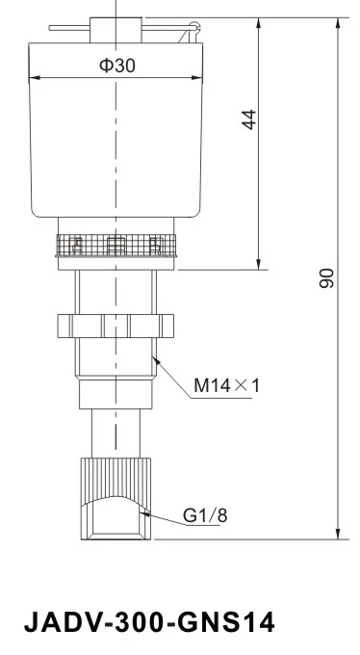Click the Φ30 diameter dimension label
click(118, 65)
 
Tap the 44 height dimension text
click(249, 120)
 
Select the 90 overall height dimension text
click(326, 279)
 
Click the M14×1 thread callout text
click(227, 386)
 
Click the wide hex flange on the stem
click(116, 325)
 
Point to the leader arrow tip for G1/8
click(141, 512)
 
